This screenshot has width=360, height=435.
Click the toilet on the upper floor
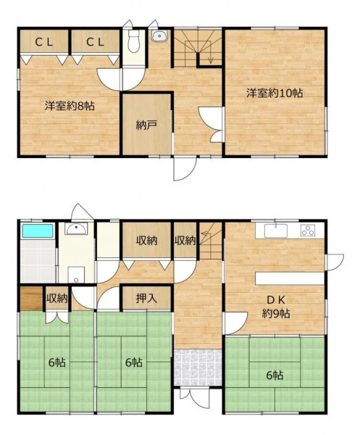click(x=134, y=41)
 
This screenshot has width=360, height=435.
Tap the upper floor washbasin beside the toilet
click(x=159, y=36)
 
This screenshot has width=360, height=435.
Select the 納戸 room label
click(x=146, y=125)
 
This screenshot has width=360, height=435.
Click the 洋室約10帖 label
click(x=275, y=93)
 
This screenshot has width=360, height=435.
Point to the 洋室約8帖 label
click(x=70, y=106)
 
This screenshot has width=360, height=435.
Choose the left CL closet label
click(x=43, y=42)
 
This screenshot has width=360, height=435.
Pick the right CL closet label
click(x=95, y=42)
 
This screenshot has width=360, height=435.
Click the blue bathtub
click(x=38, y=231)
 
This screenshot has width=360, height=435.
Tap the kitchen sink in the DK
click(x=276, y=231)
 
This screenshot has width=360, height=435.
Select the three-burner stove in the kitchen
click(x=308, y=231)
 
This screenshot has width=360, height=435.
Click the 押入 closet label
click(x=146, y=298)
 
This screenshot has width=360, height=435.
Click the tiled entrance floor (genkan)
click(x=198, y=367)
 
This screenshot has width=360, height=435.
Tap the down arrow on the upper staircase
click(x=211, y=57)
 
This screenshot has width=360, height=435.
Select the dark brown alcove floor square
click(x=31, y=299)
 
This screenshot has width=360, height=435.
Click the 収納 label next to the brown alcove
click(x=56, y=299)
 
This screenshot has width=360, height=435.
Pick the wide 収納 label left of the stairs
click(x=146, y=240)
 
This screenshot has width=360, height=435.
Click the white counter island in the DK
click(x=290, y=278)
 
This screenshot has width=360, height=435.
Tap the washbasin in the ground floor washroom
click(x=76, y=228)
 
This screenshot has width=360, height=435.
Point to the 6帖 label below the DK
click(x=275, y=376)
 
